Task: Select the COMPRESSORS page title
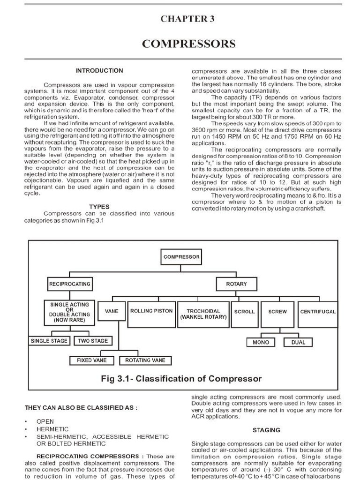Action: pyautogui.click(x=188, y=44)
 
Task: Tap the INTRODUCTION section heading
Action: pyautogui.click(x=99, y=71)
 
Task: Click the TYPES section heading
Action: pyautogui.click(x=99, y=206)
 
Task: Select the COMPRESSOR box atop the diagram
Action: pyautogui.click(x=181, y=257)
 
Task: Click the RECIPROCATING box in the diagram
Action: pyautogui.click(x=69, y=284)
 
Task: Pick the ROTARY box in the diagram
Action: pyautogui.click(x=236, y=284)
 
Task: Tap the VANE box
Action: pyautogui.click(x=111, y=311)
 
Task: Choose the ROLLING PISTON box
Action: pyautogui.click(x=151, y=311)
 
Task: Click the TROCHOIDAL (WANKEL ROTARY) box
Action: pyautogui.click(x=203, y=314)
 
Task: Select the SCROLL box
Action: pyautogui.click(x=244, y=311)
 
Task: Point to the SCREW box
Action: pyautogui.click(x=277, y=311)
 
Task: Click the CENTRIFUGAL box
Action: pyautogui.click(x=318, y=311)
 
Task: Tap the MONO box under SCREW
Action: pyautogui.click(x=261, y=342)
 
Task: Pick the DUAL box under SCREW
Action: pyautogui.click(x=298, y=342)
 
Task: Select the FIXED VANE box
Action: pyautogui.click(x=92, y=360)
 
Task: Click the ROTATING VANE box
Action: pyautogui.click(x=145, y=360)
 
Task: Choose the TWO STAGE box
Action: pyautogui.click(x=93, y=341)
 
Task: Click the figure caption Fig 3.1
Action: pyautogui.click(x=181, y=378)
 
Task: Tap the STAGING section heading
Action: pyautogui.click(x=266, y=430)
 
